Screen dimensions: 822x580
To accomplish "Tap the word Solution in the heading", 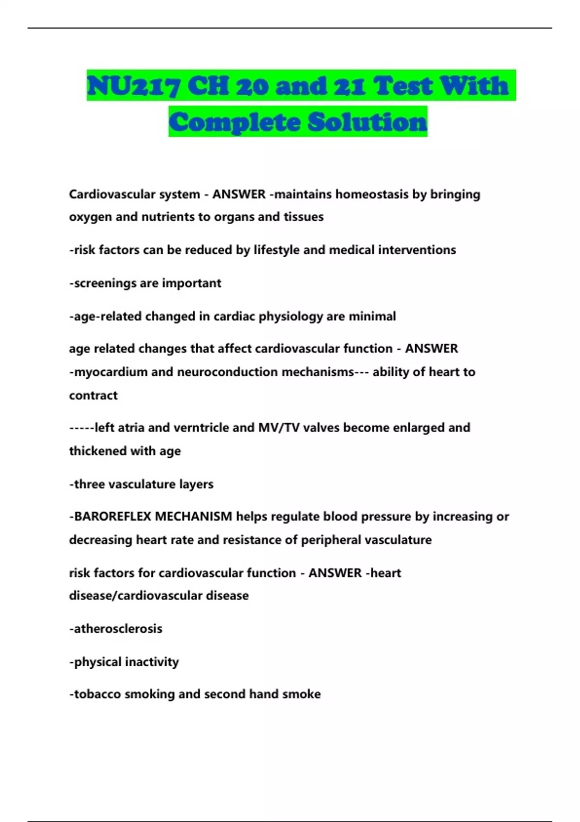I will [x=367, y=122].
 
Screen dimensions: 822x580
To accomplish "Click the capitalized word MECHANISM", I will [x=193, y=517].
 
